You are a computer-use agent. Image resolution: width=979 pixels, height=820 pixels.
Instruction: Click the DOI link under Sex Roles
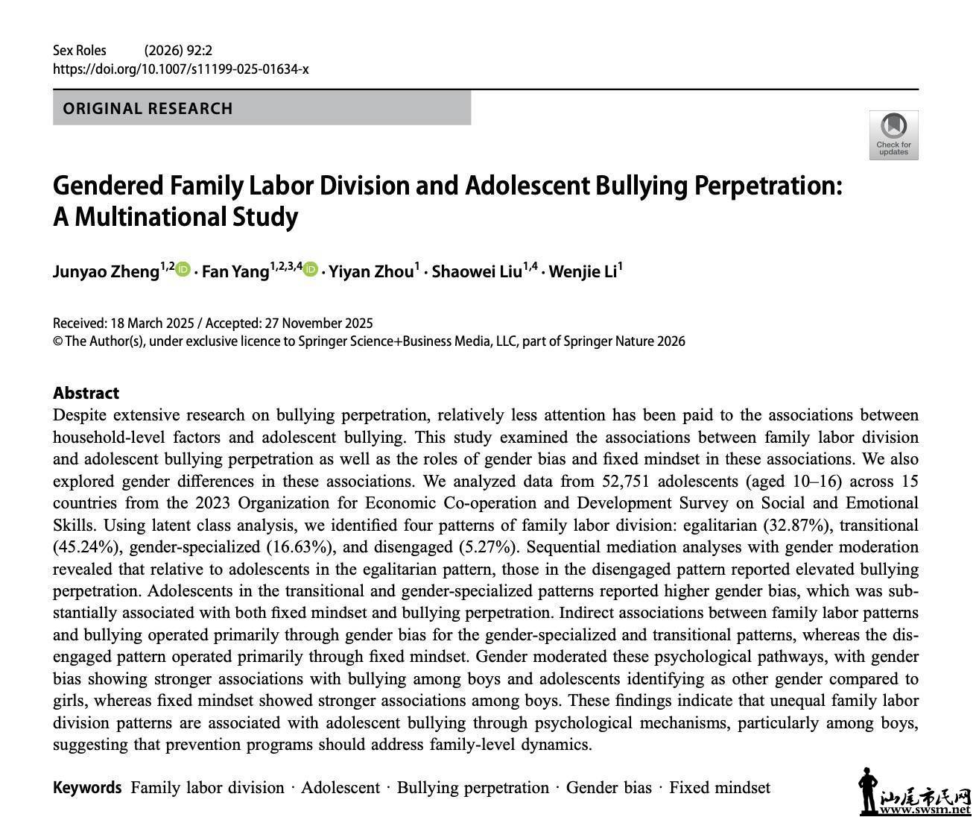(x=180, y=69)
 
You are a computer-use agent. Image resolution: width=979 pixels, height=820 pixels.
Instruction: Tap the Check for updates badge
(x=893, y=135)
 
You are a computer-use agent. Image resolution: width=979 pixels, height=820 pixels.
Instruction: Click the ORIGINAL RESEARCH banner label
(x=148, y=109)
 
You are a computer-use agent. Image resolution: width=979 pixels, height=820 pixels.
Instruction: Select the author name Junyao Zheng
(x=106, y=271)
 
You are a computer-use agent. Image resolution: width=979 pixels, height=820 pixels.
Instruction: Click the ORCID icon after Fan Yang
(x=311, y=270)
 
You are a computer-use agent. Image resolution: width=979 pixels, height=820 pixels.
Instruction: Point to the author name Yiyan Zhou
(x=371, y=271)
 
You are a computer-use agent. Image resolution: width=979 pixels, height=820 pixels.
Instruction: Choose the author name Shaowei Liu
(x=476, y=271)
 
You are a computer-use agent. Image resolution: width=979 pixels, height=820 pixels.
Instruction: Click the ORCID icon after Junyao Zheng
(x=183, y=270)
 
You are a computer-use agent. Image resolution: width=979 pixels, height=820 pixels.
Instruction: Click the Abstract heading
(x=86, y=393)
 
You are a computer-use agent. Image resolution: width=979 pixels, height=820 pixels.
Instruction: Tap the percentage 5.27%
(x=488, y=547)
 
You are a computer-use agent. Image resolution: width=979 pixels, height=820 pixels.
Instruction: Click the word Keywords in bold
(x=87, y=788)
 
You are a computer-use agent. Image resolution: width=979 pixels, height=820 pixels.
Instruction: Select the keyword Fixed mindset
(x=719, y=788)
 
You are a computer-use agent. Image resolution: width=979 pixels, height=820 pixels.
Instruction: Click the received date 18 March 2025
(x=152, y=324)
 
